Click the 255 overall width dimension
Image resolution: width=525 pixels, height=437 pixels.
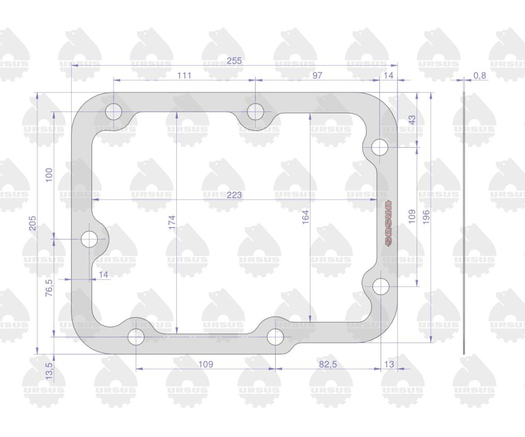[234, 61]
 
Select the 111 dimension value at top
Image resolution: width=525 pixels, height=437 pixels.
[184, 75]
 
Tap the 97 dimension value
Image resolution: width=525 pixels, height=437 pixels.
[317, 75]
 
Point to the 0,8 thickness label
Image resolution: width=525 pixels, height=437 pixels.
[480, 76]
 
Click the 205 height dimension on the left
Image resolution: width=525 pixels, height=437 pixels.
[33, 223]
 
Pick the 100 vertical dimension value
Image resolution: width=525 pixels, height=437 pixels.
[49, 175]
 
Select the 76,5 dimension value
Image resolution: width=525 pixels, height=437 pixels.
[49, 288]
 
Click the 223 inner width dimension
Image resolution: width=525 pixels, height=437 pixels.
[234, 195]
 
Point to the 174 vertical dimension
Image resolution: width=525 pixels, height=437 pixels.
[172, 222]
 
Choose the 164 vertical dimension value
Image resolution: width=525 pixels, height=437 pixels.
[305, 217]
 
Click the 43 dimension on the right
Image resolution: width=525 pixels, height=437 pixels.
[413, 120]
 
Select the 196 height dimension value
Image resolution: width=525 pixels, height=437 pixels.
[426, 217]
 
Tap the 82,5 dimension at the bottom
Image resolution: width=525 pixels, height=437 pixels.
[328, 364]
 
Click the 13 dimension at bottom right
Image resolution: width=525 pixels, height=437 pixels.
[389, 364]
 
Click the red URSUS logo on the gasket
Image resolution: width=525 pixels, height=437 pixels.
[388, 223]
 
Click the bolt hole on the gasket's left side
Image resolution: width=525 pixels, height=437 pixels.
[89, 239]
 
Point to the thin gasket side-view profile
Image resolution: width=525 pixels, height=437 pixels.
[464, 223]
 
